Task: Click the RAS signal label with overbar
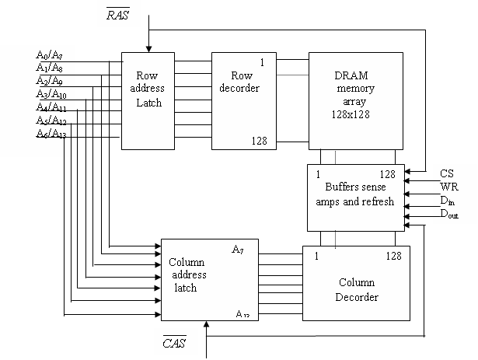118,14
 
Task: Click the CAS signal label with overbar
174,342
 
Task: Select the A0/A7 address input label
49,55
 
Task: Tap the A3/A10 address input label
51,94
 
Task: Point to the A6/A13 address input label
51,134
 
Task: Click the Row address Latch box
148,101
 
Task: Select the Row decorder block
244,101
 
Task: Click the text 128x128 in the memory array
351,114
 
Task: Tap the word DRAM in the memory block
351,75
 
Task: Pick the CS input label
447,173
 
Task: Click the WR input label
449,187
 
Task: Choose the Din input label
447,201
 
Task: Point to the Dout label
449,214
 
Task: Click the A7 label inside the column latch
238,250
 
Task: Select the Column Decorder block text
357,289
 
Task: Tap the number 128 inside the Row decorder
259,141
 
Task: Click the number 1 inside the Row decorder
262,62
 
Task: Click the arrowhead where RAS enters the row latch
148,49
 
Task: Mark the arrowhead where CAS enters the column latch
207,324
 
